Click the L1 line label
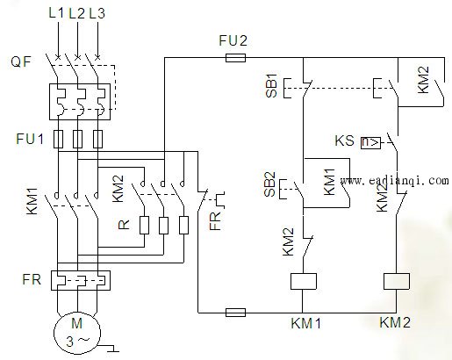56,13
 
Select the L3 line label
97,13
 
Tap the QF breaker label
21,61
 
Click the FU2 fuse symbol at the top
235,58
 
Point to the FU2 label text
233,40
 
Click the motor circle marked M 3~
77,333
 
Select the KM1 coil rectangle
304,281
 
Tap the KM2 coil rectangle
397,281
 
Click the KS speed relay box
370,143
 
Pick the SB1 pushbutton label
271,85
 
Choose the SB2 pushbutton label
269,184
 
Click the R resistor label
124,225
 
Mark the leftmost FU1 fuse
59,139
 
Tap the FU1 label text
30,139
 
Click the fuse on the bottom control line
235,313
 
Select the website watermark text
395,181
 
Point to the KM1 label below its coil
306,323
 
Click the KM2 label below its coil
395,322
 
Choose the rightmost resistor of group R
183,225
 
